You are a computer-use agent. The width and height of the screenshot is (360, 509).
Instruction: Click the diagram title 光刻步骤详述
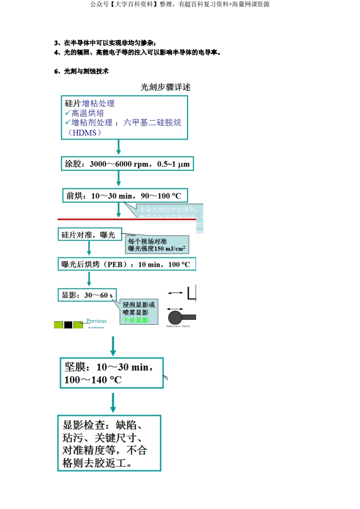coord(166,88)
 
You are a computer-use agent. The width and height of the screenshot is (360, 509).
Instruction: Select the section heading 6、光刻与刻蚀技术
coord(81,71)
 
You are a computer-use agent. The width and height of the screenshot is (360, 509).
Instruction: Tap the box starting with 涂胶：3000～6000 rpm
coord(127,164)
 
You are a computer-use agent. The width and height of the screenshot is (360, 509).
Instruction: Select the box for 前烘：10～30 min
coord(124,196)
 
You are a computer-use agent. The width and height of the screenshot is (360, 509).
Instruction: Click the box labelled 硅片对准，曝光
coord(89,235)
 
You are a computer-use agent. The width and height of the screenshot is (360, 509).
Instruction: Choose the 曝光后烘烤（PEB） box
coord(127,264)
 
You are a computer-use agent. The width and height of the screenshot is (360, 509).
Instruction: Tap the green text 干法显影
coord(135,320)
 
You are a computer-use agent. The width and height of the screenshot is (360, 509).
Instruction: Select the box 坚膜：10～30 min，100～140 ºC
coord(111,373)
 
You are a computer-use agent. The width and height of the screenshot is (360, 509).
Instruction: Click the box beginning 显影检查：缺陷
coord(109,443)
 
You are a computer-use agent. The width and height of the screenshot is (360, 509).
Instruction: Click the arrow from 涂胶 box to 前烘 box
coord(118,178)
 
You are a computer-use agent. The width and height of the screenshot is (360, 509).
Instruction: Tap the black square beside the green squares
coord(68,325)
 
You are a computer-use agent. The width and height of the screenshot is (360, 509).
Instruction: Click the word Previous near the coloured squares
coord(96,321)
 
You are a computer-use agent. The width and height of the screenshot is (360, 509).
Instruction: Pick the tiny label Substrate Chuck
coord(178,326)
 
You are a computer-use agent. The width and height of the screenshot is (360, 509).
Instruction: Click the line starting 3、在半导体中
coord(105,43)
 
